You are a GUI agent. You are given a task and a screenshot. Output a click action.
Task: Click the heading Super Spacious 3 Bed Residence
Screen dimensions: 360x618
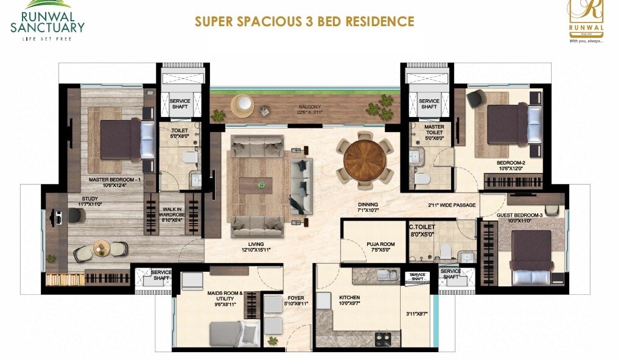[x=304, y=22]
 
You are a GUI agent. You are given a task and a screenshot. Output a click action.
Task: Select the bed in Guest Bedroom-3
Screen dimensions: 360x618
[x=530, y=256]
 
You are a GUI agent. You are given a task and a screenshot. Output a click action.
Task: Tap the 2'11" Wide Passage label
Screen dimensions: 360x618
[x=451, y=205]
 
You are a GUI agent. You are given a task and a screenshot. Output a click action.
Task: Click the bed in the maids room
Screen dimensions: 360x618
[x=232, y=334]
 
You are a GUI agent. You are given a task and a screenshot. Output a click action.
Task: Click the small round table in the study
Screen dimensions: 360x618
[x=102, y=247]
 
